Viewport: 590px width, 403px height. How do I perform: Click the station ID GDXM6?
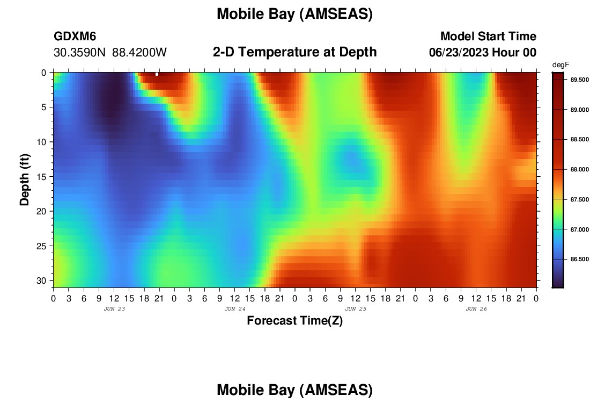75,36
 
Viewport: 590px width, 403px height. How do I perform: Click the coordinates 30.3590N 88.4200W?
110,52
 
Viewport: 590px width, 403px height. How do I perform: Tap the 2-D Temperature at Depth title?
294,52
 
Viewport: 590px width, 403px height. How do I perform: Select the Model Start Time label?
489,36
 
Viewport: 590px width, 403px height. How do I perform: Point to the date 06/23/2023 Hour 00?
483,52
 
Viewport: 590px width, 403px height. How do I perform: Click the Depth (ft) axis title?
25,179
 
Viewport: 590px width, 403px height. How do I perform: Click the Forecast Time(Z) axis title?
294,320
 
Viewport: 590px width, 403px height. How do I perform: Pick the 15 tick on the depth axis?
41,176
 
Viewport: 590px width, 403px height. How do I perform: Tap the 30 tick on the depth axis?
41,280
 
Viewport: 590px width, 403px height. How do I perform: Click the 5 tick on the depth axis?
44,107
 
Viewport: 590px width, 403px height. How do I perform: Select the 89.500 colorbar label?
579,80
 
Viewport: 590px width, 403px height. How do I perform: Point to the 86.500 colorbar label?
579,259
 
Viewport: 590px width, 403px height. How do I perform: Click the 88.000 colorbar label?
579,169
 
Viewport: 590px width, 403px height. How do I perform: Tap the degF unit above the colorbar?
560,65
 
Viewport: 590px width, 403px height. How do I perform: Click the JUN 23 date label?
114,309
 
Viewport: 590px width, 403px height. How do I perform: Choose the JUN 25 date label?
356,309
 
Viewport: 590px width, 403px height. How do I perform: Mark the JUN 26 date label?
476,309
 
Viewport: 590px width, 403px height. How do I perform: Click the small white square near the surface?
157,74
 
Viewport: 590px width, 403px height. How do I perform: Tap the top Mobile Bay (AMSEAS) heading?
294,14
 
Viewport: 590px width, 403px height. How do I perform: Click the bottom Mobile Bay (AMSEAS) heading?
294,390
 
